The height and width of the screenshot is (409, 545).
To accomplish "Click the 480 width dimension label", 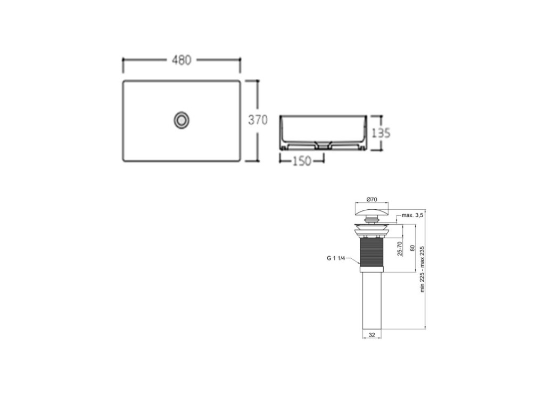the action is click(x=181, y=60).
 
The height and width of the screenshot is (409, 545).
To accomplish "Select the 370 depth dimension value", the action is click(x=258, y=120).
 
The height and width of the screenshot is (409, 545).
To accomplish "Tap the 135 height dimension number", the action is click(x=381, y=133).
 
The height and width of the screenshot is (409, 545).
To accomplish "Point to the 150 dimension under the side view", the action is click(x=301, y=161).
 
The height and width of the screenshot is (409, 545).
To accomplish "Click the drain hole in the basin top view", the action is click(x=181, y=120).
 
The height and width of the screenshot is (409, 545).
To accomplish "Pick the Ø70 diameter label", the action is click(x=371, y=199).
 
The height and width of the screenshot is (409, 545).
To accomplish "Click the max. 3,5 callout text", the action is click(x=412, y=215).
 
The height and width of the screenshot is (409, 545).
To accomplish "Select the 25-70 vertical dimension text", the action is click(x=400, y=249).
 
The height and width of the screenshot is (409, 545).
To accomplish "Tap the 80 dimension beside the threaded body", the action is click(x=412, y=248).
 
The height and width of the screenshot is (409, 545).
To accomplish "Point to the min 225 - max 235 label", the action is click(x=422, y=269).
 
